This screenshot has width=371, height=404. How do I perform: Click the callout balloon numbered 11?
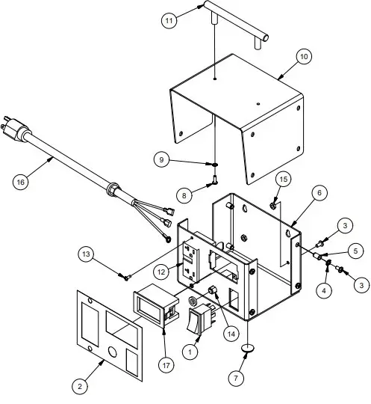tap(170, 21)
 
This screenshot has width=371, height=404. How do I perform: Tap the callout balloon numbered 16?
tap(22, 180)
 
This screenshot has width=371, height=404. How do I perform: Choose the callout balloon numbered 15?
tap(283, 180)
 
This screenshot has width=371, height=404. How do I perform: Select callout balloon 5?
tap(357, 251)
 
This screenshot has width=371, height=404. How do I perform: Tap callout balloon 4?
tap(324, 291)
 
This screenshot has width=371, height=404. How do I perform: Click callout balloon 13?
tap(87, 255)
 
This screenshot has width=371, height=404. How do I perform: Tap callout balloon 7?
tap(237, 379)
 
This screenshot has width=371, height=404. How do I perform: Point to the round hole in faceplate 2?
tap(112, 351)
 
